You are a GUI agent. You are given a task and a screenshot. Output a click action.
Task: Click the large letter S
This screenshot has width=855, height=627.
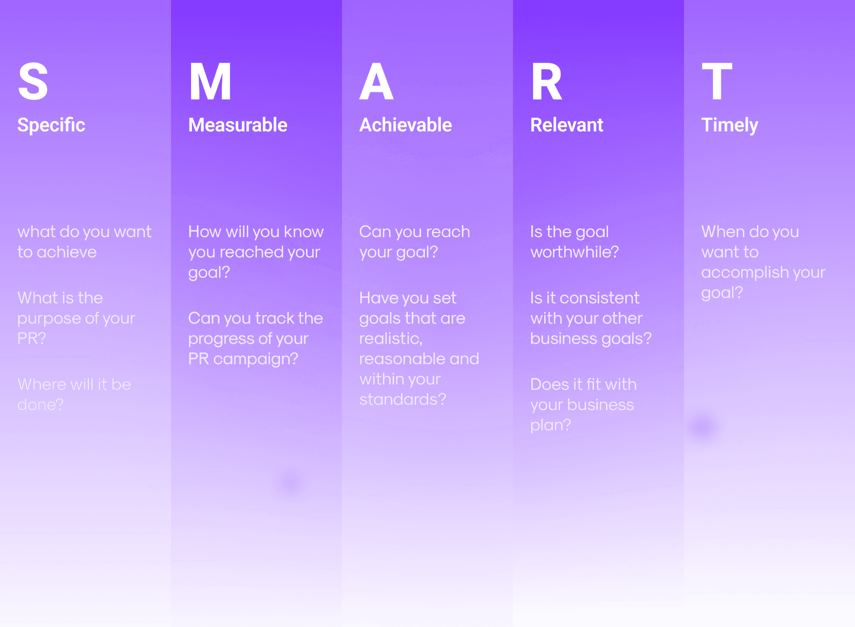point(33,81)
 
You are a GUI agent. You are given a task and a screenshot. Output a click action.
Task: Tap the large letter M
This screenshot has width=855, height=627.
point(210,81)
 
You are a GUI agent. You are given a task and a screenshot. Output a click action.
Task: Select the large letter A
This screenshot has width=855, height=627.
point(376,81)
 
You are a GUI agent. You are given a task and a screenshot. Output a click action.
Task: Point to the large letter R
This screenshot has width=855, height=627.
point(546,81)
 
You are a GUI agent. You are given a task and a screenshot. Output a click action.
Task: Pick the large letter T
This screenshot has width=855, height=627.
point(717,81)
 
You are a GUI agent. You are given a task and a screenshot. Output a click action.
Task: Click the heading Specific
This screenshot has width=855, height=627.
point(51,125)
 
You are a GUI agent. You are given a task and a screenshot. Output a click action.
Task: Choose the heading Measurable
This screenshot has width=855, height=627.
point(238,125)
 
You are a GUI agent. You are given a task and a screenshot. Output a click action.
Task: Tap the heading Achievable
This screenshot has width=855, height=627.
point(406,125)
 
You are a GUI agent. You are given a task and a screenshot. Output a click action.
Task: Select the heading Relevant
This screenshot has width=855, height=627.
point(567,125)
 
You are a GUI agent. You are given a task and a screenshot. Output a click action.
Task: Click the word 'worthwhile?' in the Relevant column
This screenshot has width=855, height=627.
point(574,252)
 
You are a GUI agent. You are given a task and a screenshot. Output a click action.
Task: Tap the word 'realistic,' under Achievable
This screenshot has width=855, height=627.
point(391,339)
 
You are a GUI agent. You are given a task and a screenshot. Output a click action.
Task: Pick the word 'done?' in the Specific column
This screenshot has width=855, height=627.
point(41,405)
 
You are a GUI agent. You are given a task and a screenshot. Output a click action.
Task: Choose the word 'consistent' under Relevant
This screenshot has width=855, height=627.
point(599,298)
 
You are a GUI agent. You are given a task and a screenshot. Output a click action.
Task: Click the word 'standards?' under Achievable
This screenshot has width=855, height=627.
point(403,399)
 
